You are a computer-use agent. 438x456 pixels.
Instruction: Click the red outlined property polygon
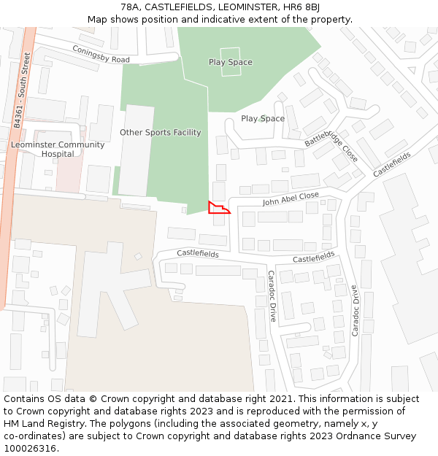click(x=217, y=209)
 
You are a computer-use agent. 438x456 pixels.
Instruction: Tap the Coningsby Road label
click(x=101, y=54)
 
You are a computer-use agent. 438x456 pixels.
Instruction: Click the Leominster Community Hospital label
click(x=58, y=149)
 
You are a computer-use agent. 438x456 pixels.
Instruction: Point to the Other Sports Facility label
click(x=160, y=133)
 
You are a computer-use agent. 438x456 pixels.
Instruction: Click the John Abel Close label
click(x=291, y=198)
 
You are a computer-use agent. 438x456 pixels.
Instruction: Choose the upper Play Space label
click(x=230, y=62)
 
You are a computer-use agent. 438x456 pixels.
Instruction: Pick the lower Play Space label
click(x=263, y=118)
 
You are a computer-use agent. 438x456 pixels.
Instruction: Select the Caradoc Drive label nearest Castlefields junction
click(x=272, y=296)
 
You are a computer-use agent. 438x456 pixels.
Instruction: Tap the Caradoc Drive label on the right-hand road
click(x=356, y=309)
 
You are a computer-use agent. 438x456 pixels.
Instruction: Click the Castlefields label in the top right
click(x=392, y=164)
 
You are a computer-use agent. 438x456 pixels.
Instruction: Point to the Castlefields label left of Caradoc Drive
click(x=197, y=253)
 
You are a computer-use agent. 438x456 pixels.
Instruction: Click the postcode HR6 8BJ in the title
click(x=304, y=7)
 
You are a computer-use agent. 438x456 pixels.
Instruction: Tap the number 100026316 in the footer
click(x=30, y=448)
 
